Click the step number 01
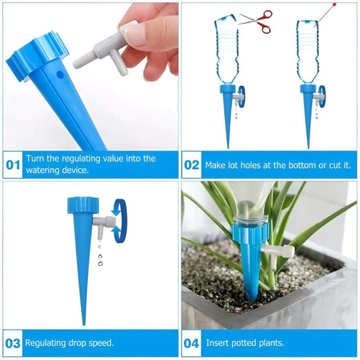click(x=14, y=164)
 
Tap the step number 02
click(x=192, y=164)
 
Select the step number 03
click(x=14, y=342)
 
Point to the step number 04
click(x=192, y=342)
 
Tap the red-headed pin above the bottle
click(x=332, y=6)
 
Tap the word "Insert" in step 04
click(x=217, y=342)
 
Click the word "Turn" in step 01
click(x=36, y=158)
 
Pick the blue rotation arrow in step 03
click(x=120, y=220)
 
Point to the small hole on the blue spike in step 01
click(x=59, y=71)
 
